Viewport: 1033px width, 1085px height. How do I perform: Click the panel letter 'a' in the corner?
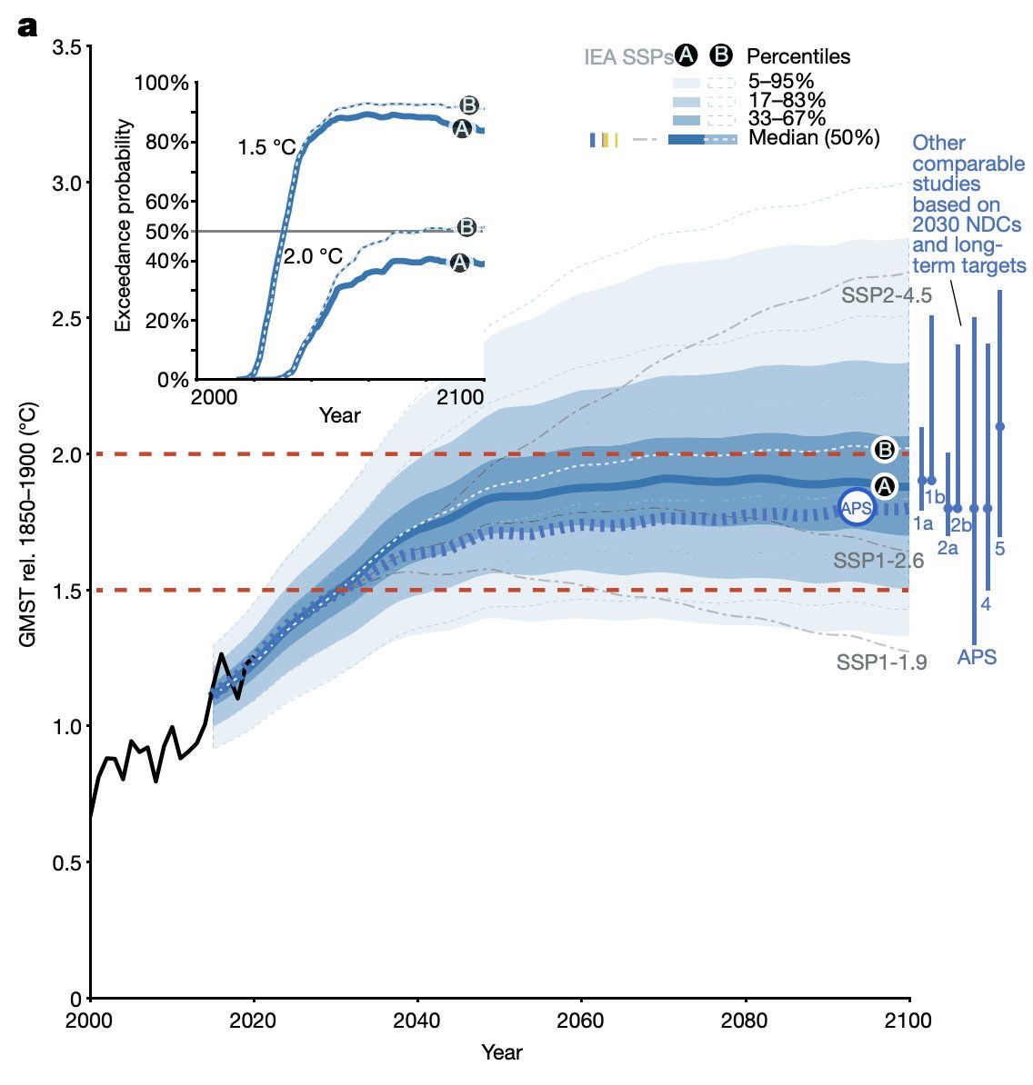pos(27,27)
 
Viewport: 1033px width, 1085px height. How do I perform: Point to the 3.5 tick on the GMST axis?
pos(69,47)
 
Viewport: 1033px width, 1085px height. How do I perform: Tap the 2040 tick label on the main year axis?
pos(417,1019)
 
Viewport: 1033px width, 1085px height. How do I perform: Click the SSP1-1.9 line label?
pos(881,662)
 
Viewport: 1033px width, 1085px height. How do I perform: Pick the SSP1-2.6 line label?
pos(878,561)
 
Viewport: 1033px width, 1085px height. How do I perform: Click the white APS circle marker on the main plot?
pos(856,506)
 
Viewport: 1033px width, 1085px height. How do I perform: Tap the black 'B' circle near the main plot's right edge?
pos(885,449)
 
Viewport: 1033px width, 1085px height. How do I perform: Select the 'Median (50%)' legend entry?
pos(814,138)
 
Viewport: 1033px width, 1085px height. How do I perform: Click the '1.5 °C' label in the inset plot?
pos(266,147)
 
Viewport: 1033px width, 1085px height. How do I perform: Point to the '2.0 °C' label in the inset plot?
pos(313,257)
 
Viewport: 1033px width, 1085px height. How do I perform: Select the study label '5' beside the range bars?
pos(1000,549)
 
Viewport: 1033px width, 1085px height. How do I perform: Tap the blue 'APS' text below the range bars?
pos(977,657)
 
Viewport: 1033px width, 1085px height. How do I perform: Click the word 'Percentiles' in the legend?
pos(798,56)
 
